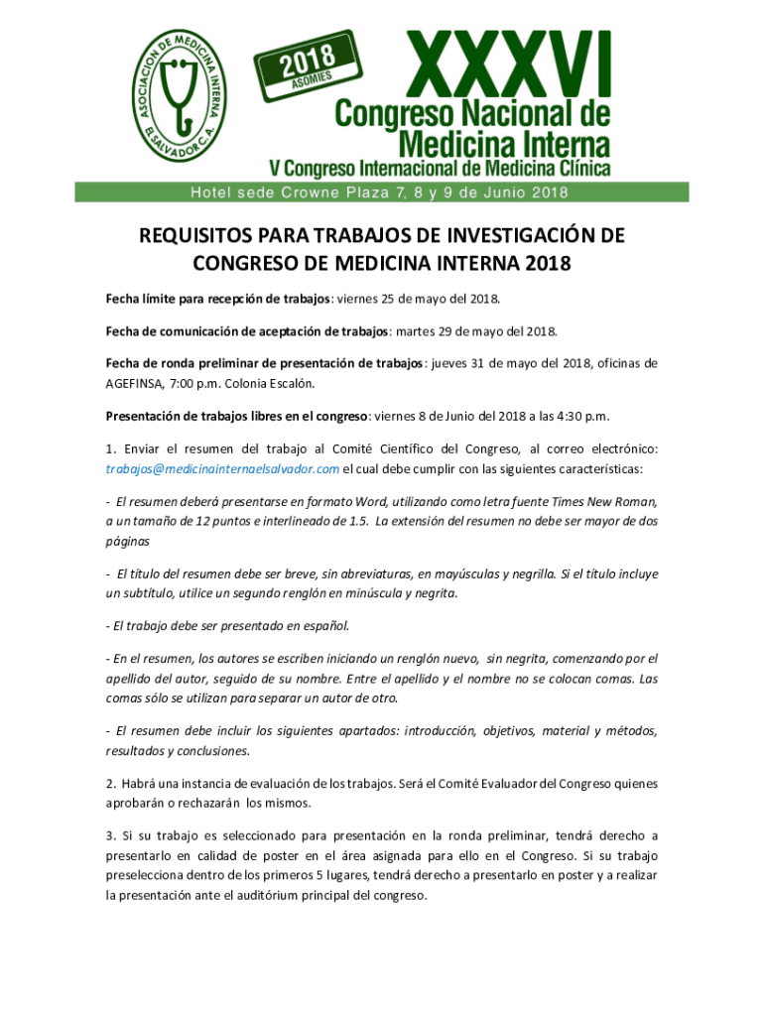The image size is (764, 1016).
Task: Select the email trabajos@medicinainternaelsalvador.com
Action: point(223,468)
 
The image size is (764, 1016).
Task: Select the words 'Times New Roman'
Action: point(604,502)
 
